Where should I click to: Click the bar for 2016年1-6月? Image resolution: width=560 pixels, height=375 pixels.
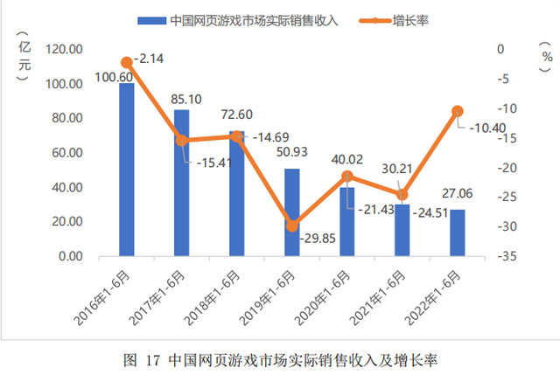(127, 170)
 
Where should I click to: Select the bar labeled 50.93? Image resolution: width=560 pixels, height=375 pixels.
(292, 212)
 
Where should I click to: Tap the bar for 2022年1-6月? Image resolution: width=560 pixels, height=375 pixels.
(457, 233)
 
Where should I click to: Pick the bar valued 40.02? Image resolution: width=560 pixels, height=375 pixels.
(347, 222)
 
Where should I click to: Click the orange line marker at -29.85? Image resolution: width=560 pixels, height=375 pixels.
(292, 226)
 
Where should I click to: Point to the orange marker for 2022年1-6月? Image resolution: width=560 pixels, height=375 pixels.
(457, 111)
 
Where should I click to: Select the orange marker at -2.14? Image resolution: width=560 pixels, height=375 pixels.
(127, 62)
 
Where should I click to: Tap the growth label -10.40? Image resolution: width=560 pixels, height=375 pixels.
(486, 128)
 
